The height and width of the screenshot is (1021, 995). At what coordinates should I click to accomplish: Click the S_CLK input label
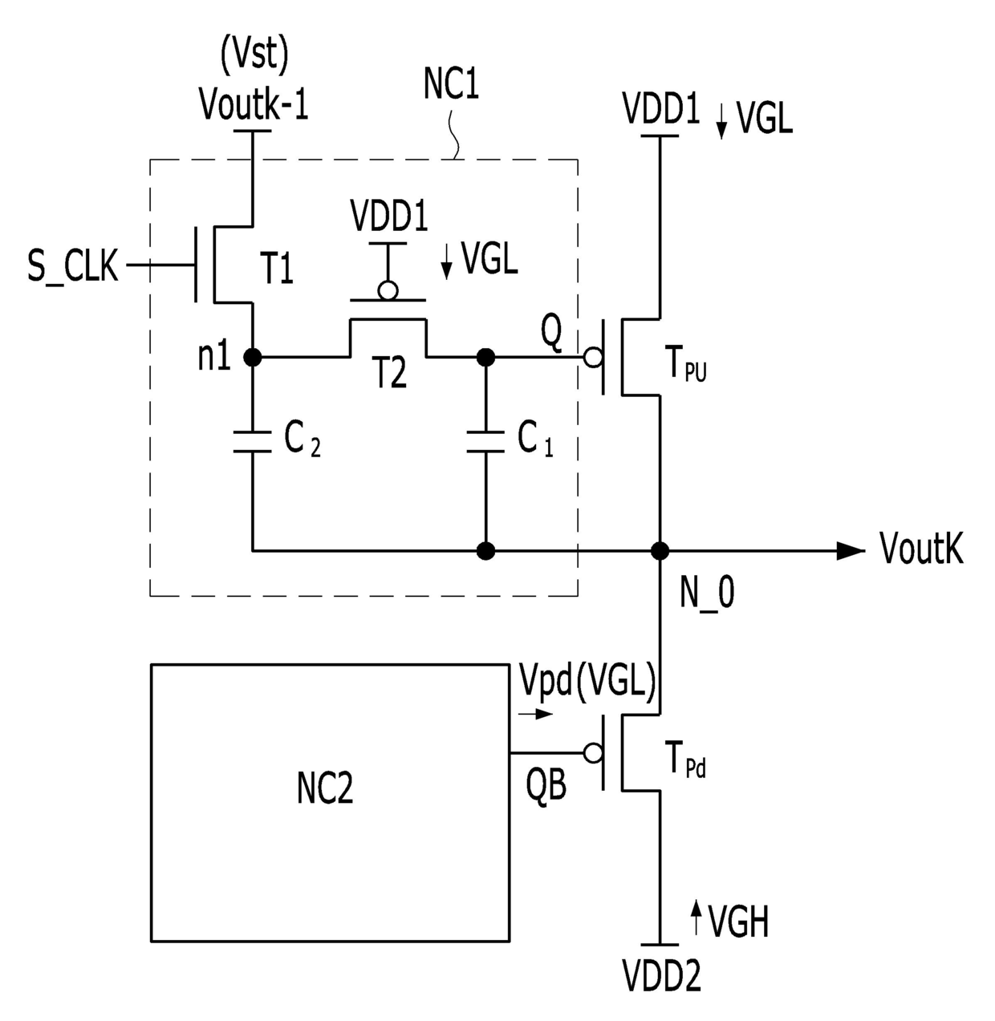click(x=73, y=266)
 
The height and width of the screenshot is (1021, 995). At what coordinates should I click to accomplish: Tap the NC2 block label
click(x=325, y=788)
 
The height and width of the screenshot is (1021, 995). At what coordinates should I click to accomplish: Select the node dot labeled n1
click(x=253, y=358)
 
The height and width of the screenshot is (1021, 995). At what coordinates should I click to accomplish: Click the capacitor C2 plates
click(x=253, y=441)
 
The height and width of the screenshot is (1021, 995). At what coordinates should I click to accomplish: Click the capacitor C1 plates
click(x=485, y=441)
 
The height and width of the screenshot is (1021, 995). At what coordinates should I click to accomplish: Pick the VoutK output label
click(x=921, y=549)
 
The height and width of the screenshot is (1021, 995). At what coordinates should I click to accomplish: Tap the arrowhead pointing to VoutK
click(x=851, y=551)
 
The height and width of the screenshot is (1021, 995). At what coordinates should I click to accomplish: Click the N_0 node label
click(x=707, y=594)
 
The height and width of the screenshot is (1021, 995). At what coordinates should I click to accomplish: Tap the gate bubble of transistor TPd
click(x=594, y=753)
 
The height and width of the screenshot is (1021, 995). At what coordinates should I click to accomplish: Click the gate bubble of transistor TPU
click(x=594, y=358)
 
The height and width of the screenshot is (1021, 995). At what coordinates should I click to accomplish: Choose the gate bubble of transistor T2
click(x=388, y=290)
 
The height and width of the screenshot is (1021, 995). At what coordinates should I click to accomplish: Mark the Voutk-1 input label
click(x=254, y=104)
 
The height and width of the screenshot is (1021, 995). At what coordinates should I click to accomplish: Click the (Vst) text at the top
click(x=254, y=55)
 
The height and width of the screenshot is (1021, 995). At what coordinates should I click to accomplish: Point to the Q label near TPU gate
click(x=551, y=334)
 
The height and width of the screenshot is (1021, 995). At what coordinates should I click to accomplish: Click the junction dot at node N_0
click(x=660, y=551)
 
